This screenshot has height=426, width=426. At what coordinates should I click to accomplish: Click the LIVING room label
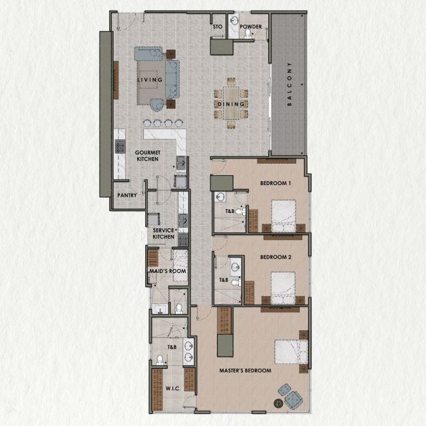coord(150,80)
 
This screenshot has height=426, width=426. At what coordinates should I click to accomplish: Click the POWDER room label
coord(251,27)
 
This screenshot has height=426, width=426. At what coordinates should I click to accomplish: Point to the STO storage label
coord(217,27)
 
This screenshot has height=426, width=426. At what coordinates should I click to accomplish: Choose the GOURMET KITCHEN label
coord(146,156)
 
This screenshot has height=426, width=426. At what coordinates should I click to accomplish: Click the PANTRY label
coord(126,196)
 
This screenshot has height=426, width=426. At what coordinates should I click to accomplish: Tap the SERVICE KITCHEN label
coord(164,234)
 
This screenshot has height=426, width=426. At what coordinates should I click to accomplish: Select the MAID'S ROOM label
coord(168,272)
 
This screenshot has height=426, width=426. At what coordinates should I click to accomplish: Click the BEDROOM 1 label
coord(275,183)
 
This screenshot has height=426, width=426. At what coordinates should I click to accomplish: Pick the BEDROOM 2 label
coord(276,256)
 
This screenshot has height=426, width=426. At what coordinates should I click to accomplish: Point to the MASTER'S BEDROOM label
coord(246,371)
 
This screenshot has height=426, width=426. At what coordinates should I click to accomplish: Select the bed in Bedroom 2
coord(284,288)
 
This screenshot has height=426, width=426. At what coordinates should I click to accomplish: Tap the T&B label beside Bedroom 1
coord(230,211)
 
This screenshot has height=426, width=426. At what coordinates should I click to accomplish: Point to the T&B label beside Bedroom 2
coord(224,280)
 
